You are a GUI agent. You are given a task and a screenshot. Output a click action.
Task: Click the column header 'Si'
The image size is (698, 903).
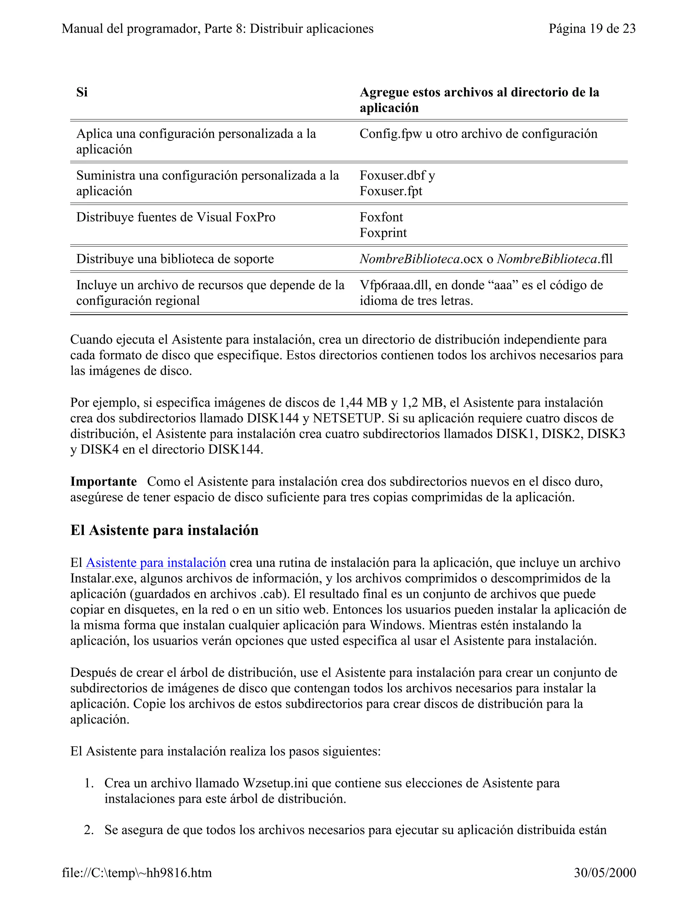82,92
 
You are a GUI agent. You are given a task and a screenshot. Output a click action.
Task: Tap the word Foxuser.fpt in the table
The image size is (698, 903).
391,191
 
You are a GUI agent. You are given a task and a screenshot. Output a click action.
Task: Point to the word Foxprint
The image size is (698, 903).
383,233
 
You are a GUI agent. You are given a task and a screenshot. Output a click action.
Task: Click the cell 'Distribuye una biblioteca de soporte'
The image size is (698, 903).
175,259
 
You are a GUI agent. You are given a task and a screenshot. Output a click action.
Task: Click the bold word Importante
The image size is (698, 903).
103,482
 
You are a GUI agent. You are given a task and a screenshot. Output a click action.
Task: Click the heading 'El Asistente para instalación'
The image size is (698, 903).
164,530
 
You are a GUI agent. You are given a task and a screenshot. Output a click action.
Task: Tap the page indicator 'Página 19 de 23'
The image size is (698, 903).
592,29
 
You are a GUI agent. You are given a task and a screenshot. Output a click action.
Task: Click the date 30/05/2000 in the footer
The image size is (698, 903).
605,873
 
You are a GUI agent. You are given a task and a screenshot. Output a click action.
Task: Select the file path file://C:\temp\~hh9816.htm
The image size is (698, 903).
137,873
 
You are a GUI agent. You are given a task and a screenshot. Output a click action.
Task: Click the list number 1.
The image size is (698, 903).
89,783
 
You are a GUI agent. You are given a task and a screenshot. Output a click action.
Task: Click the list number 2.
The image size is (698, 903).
89,830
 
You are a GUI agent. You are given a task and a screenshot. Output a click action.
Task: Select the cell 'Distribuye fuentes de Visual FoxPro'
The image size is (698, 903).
176,217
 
